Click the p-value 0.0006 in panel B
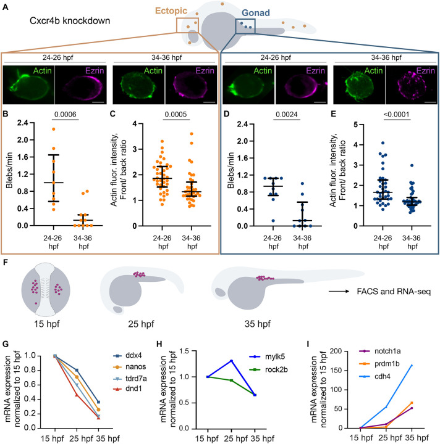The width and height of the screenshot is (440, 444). coord(66,115)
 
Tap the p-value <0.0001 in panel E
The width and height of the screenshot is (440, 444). coord(397,115)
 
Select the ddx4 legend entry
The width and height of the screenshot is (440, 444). coord(128,355)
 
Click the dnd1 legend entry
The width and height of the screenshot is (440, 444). coord(128,388)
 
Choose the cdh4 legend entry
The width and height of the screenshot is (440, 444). coord(376,376)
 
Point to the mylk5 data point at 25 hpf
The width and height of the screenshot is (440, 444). coord(232,361)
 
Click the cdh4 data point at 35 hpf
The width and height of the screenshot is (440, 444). coord(412,365)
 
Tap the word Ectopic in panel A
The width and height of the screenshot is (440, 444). coord(171,10)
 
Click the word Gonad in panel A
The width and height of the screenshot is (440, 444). coord(256,13)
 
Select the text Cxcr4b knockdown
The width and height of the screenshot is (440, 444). coord(70,21)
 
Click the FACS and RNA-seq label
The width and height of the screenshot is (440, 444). coord(394,291)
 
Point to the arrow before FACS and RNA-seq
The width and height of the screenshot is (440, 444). coord(339,291)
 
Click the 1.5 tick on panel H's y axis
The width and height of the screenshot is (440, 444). coord(187,351)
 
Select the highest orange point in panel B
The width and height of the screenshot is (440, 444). coord(53,129)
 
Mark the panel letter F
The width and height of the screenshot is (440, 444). coord(5,262)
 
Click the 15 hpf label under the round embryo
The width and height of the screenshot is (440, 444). coord(47,323)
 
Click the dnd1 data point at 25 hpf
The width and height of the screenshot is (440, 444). coord(77,395)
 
